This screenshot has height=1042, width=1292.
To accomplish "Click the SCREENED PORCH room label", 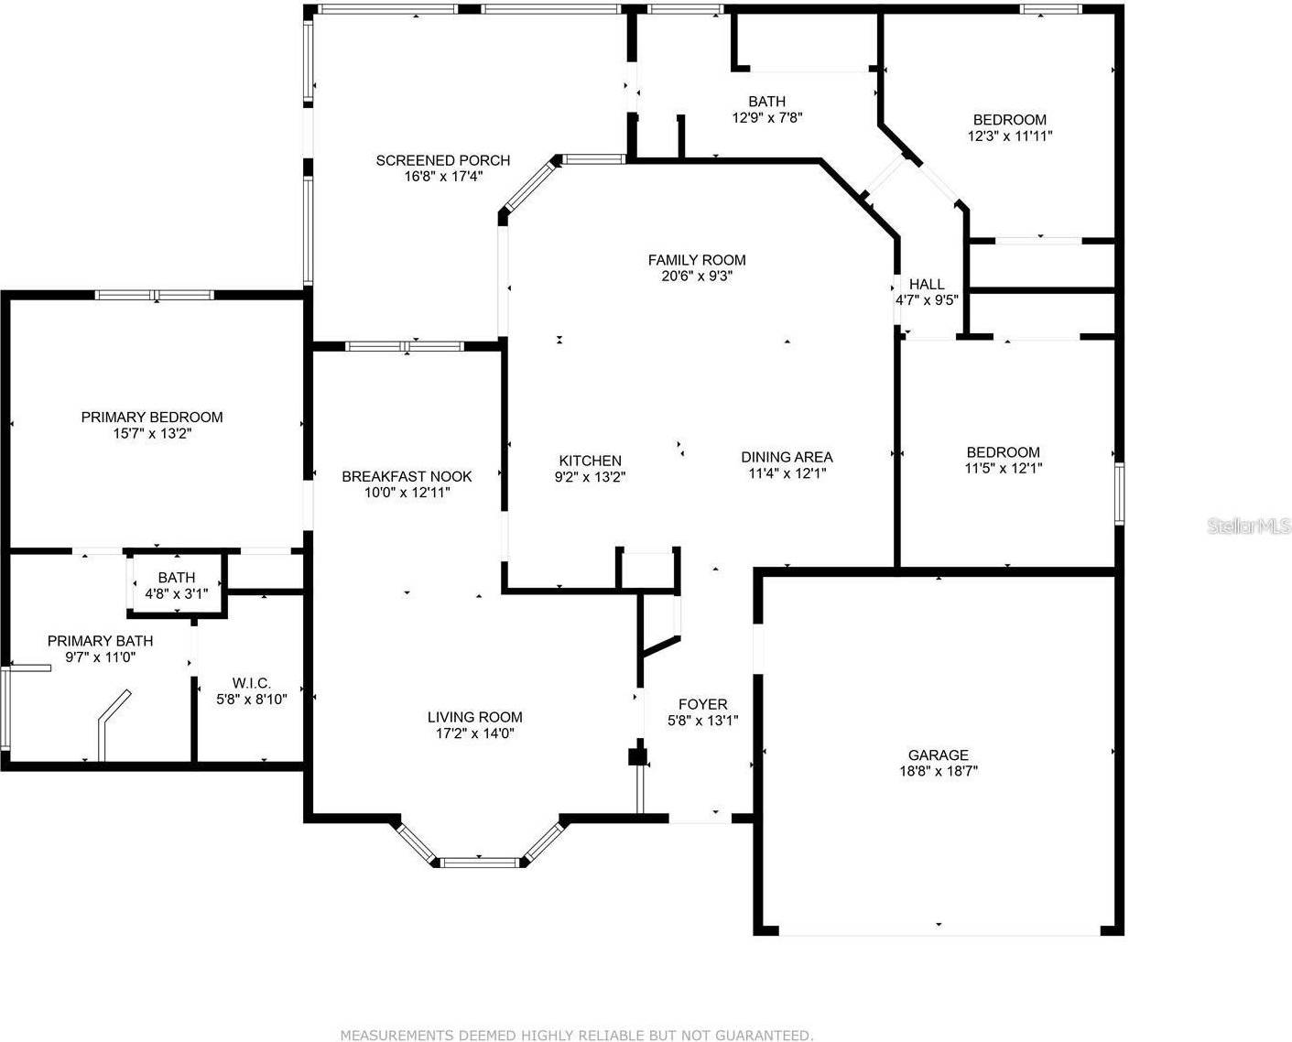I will (x=443, y=160).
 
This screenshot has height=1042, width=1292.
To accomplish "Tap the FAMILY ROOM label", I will (x=697, y=260).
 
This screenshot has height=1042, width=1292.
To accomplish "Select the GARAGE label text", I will (x=938, y=755).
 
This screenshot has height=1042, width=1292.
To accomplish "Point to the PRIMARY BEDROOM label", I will (x=152, y=418).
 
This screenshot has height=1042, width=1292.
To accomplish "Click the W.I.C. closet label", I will (x=251, y=683).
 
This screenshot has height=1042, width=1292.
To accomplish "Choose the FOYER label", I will (x=702, y=704).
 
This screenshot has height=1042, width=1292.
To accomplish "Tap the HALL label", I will (x=926, y=285).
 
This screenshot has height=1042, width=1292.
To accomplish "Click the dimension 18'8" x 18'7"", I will (x=938, y=772).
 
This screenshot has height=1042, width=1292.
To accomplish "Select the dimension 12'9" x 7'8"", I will (x=767, y=118).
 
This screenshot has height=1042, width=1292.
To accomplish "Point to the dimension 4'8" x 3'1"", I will (x=177, y=593).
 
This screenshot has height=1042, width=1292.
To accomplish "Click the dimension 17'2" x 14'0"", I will (x=474, y=733).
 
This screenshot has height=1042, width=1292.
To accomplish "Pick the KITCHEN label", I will (x=591, y=461).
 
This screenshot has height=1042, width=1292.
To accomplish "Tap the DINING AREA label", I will (x=787, y=457).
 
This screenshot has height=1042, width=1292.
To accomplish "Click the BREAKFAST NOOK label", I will (x=407, y=476).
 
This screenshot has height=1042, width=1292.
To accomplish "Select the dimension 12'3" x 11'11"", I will (x=1010, y=136).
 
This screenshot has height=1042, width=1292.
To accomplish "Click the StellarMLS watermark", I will (x=1249, y=526).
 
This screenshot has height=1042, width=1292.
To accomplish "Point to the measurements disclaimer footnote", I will (x=576, y=1036).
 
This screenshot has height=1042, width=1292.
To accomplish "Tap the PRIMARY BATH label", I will (x=101, y=641).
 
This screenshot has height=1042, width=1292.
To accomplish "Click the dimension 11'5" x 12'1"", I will (x=1003, y=468).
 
